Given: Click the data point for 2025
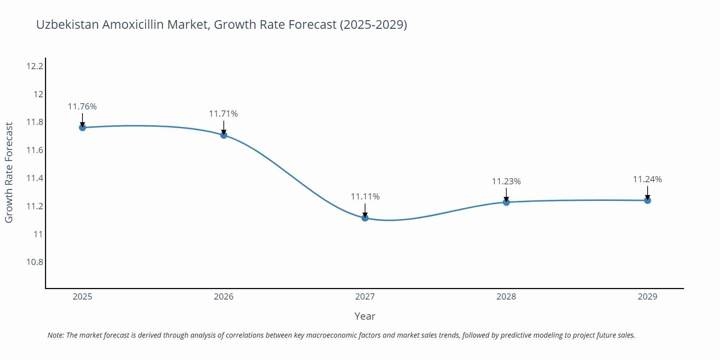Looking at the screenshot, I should point(82,127).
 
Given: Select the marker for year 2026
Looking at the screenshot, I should point(224,135).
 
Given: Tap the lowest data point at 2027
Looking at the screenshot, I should point(365,218).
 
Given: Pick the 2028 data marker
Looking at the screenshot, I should point(506,202).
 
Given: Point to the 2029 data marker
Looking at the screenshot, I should point(647,200).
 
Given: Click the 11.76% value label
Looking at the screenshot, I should point(82,107).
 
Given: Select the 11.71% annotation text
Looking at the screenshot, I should point(224,114).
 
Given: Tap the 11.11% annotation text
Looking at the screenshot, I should point(365,197).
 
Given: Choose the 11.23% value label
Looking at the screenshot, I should point(506,181).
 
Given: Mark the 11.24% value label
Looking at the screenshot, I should point(647,179).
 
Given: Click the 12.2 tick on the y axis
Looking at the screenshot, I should point(35,66).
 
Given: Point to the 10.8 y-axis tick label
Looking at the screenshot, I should point(35,262).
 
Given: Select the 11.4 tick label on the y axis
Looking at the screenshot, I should point(35,178).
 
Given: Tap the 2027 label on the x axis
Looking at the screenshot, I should point(365,297).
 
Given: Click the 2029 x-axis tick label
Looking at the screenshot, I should point(647,297).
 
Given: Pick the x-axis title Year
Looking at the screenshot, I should point(365,316).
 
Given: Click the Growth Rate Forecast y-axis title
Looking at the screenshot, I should point(9,173).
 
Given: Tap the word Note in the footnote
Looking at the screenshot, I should point(55,335).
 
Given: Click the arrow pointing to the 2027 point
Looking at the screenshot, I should point(365,210).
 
